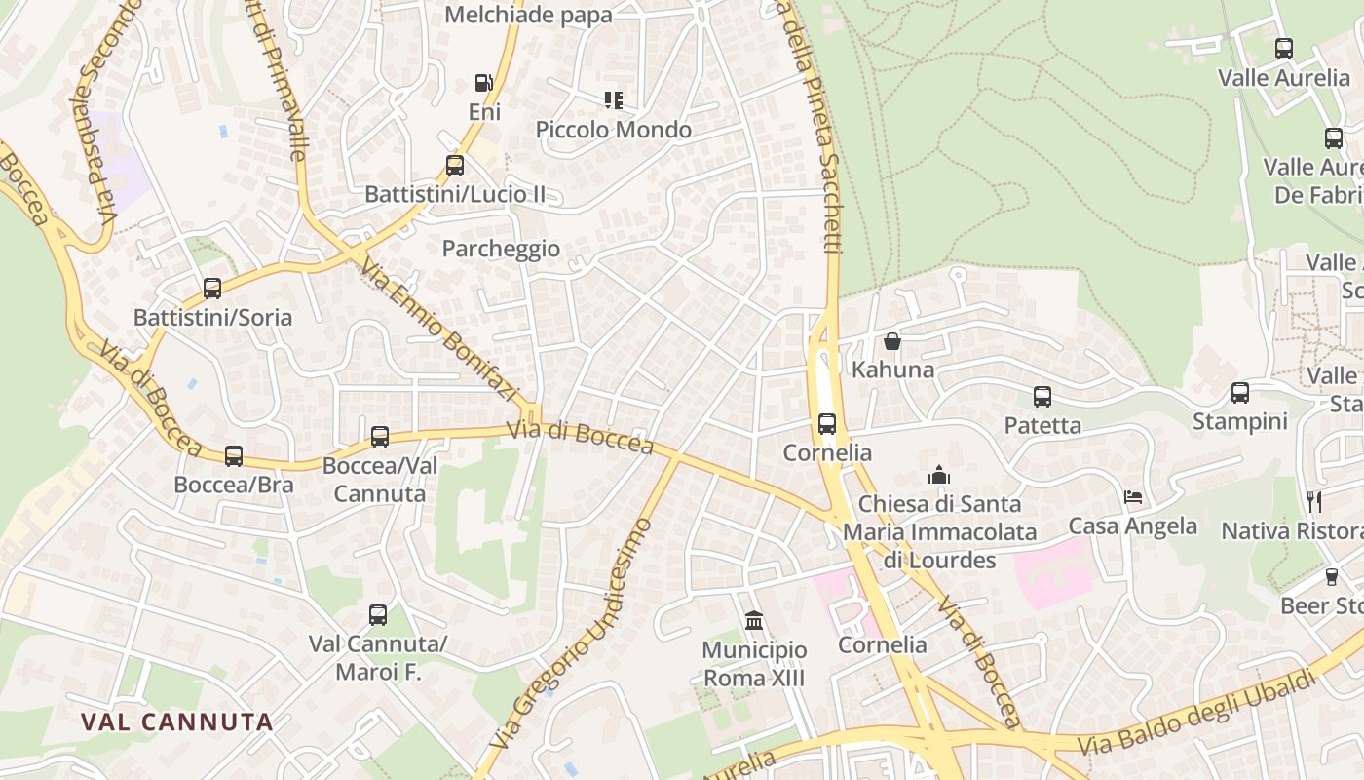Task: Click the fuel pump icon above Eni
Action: tap(483, 83)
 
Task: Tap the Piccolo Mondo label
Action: tap(614, 130)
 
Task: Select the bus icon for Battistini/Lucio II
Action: tap(455, 165)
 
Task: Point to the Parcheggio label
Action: tap(501, 249)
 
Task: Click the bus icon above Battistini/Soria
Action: tap(212, 288)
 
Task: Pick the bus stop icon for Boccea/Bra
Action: tap(234, 455)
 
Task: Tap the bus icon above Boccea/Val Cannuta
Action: tap(380, 436)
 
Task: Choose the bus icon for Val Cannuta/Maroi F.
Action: tap(378, 614)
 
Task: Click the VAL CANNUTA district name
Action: tap(176, 722)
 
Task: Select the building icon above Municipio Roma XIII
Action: tap(754, 620)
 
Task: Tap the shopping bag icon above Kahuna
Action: tap(891, 341)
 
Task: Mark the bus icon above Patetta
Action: tap(1042, 396)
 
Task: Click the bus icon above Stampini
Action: tap(1240, 392)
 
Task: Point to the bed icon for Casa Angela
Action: tap(1133, 497)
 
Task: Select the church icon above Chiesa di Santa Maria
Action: tap(939, 475)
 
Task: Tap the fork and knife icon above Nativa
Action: tap(1314, 502)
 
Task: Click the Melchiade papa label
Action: tap(528, 15)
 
